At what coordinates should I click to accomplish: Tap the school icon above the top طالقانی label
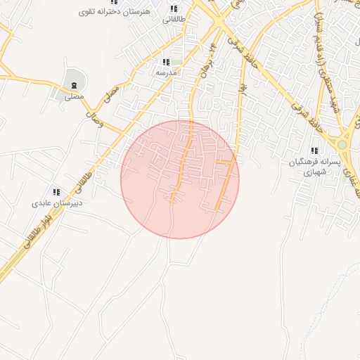coord(174,8)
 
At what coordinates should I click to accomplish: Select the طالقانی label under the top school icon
coord(174,20)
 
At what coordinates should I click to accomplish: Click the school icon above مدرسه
coord(166,63)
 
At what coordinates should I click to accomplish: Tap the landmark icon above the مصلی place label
coord(74,86)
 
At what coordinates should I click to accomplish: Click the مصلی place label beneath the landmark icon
coord(74,96)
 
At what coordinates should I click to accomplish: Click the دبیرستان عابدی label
coord(56,203)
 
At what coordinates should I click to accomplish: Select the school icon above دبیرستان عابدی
coord(56,192)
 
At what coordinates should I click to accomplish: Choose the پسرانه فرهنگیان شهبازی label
coord(314,167)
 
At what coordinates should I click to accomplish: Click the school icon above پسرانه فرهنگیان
coord(314,150)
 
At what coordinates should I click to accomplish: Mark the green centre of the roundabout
coord(342,145)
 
